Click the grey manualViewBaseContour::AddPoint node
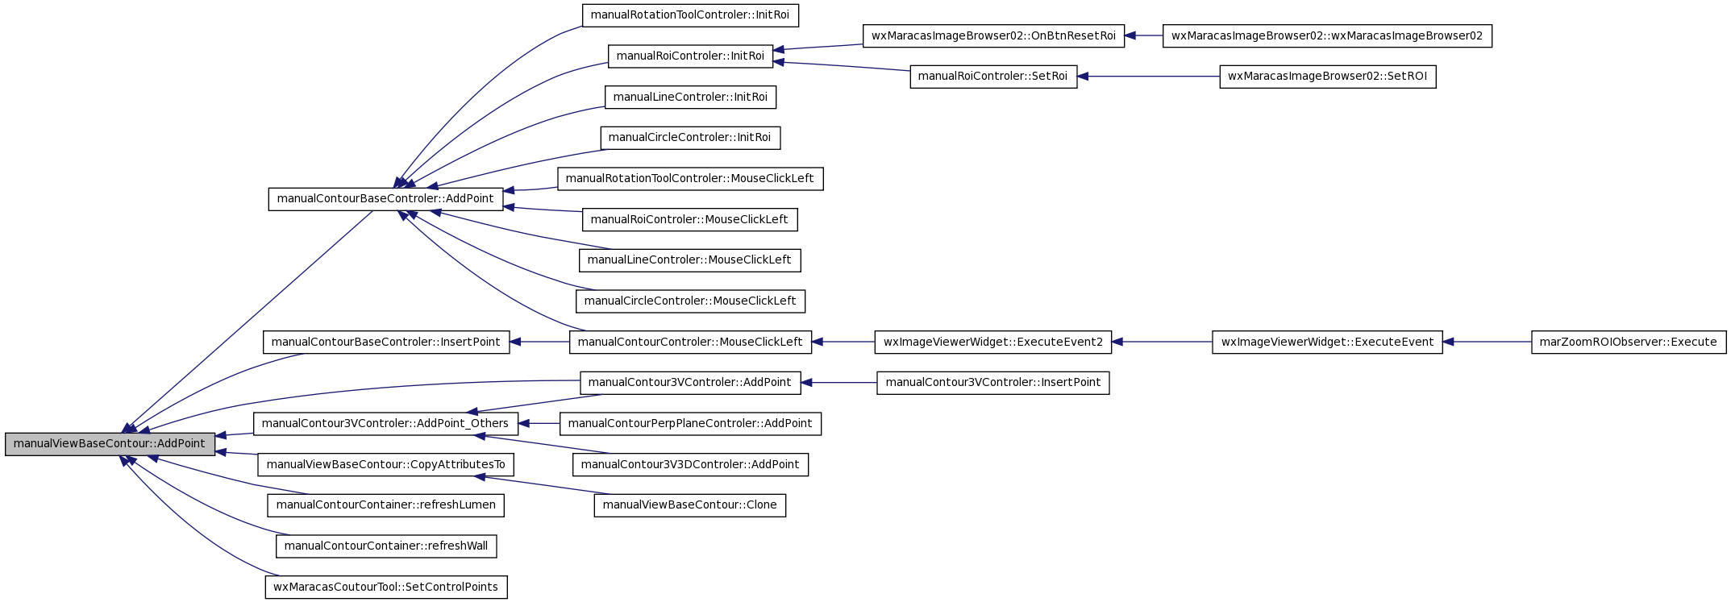coord(110,444)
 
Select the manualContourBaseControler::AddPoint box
coord(385,199)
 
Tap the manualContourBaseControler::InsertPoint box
coord(386,342)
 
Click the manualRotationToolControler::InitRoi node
coord(690,15)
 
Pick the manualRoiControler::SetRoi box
coord(993,77)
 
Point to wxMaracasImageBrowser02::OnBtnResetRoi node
coord(993,35)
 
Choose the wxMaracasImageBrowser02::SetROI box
coord(1328,77)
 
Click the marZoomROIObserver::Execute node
coord(1629,342)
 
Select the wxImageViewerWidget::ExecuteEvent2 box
coord(993,342)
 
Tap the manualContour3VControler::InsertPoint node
coord(993,383)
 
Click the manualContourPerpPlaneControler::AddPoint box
coord(690,424)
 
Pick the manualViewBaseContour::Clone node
coord(690,505)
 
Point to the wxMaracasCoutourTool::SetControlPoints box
coord(386,587)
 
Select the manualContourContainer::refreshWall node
coord(386,546)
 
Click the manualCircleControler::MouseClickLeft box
coord(690,301)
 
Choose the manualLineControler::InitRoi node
coord(690,97)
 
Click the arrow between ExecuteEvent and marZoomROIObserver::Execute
coord(1487,342)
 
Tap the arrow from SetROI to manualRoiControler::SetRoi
coord(1148,77)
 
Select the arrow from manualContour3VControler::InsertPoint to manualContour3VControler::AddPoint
coord(838,383)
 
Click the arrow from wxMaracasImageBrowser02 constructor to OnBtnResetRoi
coord(1143,35)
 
